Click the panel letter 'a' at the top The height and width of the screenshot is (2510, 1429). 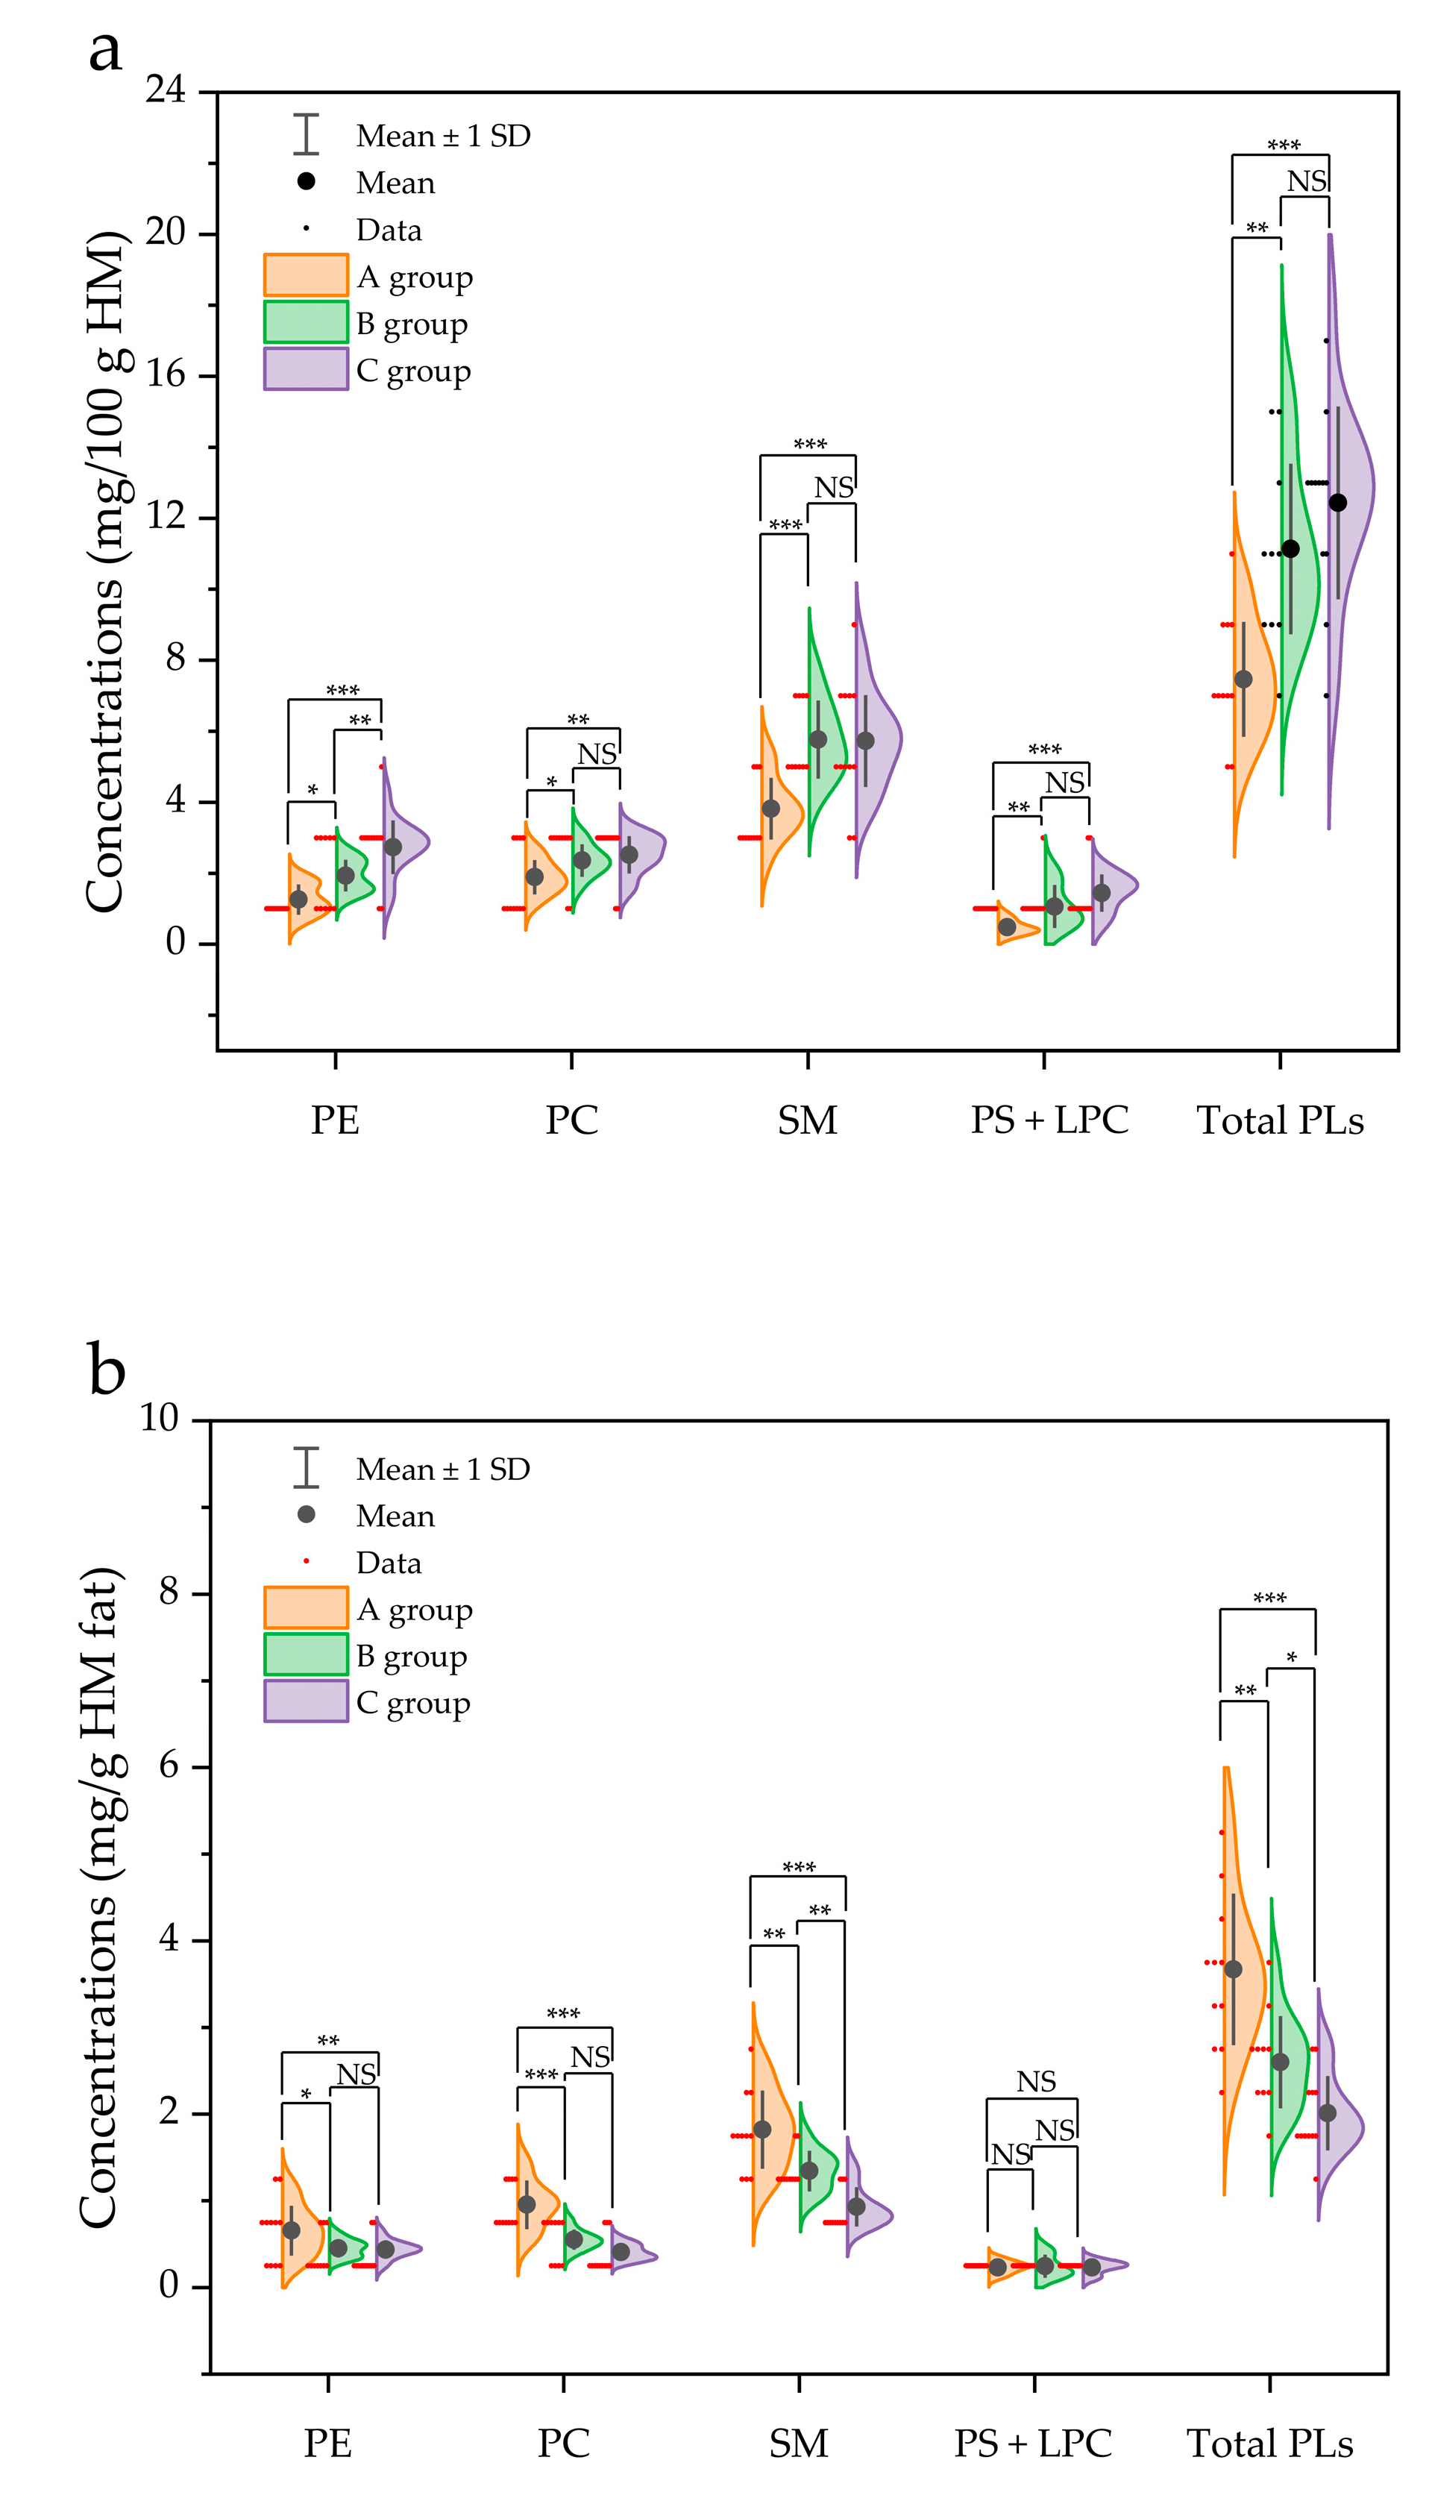click(105, 51)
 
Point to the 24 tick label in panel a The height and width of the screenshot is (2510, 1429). click(165, 90)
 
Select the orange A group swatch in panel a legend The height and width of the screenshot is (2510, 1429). click(305, 274)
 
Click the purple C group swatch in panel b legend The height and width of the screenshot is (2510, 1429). click(305, 1701)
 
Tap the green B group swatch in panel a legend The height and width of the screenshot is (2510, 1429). click(305, 322)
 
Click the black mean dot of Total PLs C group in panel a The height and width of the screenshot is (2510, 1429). click(1338, 503)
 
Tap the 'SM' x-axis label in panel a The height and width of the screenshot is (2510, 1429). click(807, 1120)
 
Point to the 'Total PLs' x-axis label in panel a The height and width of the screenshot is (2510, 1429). click(1280, 1120)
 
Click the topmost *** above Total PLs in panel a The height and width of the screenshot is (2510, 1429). click(1283, 145)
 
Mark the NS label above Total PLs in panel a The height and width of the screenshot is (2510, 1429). click(1307, 181)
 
